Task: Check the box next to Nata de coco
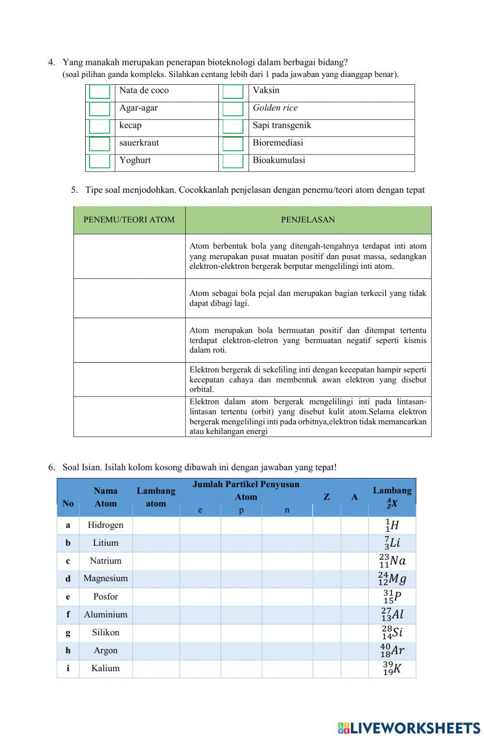100,92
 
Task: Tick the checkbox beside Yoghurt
100,161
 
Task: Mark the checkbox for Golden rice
233,109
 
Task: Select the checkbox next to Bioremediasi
233,144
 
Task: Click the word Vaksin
266,91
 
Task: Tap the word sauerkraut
139,143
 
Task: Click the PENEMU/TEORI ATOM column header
129,220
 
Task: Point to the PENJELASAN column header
308,220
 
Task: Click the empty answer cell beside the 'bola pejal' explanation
129,298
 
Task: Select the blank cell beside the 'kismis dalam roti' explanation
129,340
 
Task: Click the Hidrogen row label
106,525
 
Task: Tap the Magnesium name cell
106,578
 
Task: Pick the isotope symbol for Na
392,561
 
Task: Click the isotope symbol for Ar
392,650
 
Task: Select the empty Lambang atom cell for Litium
156,543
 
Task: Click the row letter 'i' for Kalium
68,668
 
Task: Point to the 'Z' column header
327,497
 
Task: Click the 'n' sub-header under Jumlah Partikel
287,510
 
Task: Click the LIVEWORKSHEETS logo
409,728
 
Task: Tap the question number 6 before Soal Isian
51,467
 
